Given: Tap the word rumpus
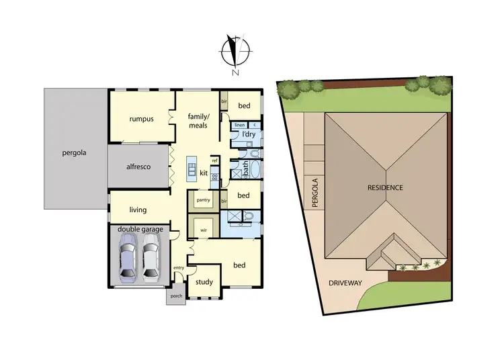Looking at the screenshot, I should pyautogui.click(x=141, y=119).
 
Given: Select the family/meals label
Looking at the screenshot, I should pyautogui.click(x=199, y=120).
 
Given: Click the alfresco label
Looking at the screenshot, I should pyautogui.click(x=138, y=166).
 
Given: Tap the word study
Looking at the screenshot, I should pyautogui.click(x=204, y=282).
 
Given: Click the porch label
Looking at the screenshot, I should pyautogui.click(x=177, y=296).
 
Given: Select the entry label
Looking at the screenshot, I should pyautogui.click(x=179, y=268).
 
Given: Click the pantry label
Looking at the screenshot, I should pyautogui.click(x=203, y=200).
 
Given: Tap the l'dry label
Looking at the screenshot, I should pyautogui.click(x=248, y=135).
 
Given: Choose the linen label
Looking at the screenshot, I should pyautogui.click(x=239, y=125).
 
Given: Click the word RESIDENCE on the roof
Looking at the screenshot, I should pyautogui.click(x=385, y=187).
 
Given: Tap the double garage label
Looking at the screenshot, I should pyautogui.click(x=140, y=230).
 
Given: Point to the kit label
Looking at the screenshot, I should pyautogui.click(x=203, y=173).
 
